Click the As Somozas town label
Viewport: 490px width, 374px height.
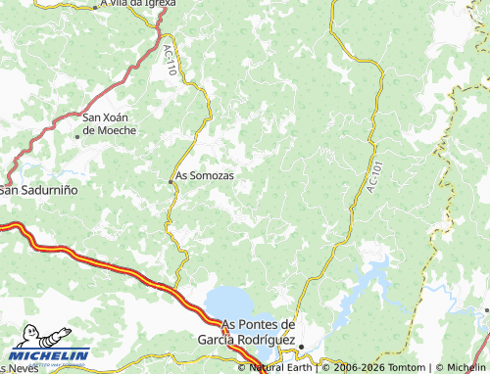[205, 176]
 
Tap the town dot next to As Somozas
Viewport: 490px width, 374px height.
[171, 179]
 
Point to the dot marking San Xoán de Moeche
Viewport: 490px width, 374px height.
[77, 136]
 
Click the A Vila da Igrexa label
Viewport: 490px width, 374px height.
[141, 4]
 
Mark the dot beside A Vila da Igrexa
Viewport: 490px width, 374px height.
[98, 6]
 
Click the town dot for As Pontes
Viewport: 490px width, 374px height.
[301, 345]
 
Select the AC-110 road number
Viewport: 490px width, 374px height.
[171, 59]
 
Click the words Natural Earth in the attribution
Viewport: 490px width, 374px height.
[283, 368]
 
